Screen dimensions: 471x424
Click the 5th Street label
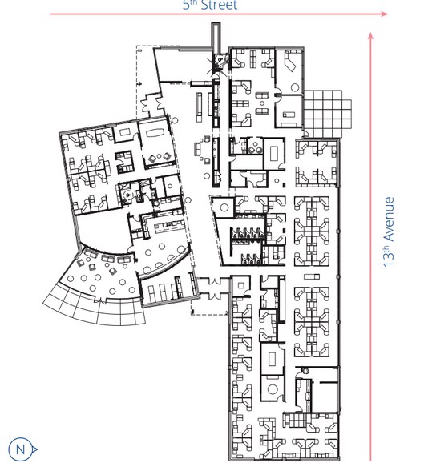pyautogui.click(x=209, y=5)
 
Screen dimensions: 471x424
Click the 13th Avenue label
pyautogui.click(x=390, y=231)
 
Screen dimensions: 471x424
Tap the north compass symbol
pyautogui.click(x=22, y=449)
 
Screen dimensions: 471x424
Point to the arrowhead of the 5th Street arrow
pyautogui.click(x=386, y=14)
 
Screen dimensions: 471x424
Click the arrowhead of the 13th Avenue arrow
pyautogui.click(x=371, y=36)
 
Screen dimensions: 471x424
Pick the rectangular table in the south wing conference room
pyautogui.click(x=272, y=357)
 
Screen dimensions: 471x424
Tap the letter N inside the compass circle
pyautogui.click(x=21, y=449)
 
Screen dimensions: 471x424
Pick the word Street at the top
pyautogui.click(x=218, y=5)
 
